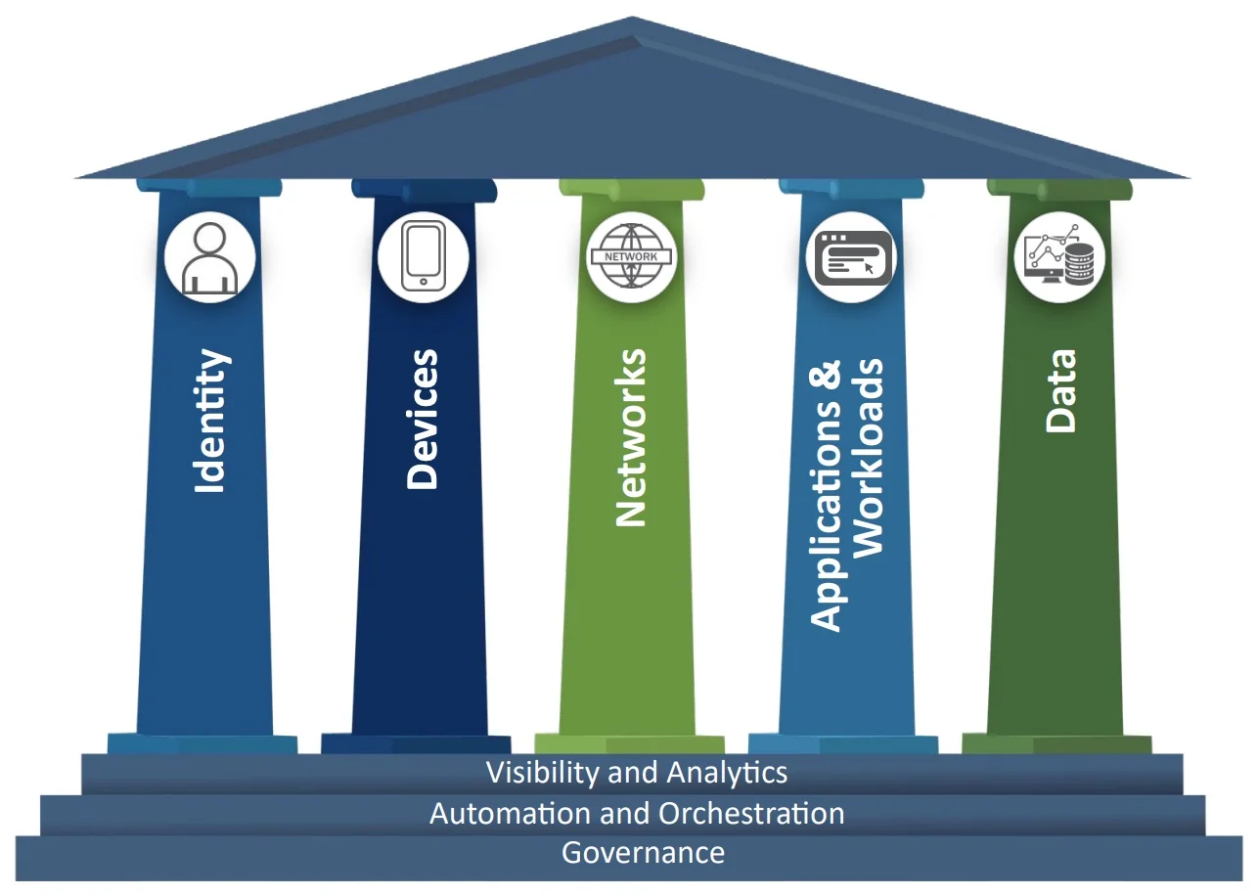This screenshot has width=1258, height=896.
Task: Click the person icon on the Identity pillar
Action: pyautogui.click(x=209, y=257)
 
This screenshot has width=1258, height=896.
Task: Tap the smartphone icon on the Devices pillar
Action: pyautogui.click(x=423, y=257)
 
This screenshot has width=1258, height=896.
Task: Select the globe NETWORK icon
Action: pyautogui.click(x=631, y=257)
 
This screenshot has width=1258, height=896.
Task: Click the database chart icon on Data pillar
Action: pyautogui.click(x=1059, y=257)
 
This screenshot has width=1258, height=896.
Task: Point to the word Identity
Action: pyautogui.click(x=210, y=421)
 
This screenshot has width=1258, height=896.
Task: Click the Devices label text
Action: pyautogui.click(x=423, y=419)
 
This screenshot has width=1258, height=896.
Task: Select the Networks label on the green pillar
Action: pyautogui.click(x=632, y=437)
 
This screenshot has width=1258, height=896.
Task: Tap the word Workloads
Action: pyautogui.click(x=869, y=459)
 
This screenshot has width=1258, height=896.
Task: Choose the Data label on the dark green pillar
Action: pyautogui.click(x=1059, y=390)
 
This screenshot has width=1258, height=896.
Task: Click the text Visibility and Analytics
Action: pyautogui.click(x=637, y=773)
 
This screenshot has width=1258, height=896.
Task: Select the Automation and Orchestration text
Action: pyautogui.click(x=637, y=813)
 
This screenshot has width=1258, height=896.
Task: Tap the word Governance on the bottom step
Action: pyautogui.click(x=643, y=853)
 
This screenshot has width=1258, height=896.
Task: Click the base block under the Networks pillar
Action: pyautogui.click(x=629, y=744)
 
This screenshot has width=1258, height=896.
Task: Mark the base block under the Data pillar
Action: pyautogui.click(x=1056, y=744)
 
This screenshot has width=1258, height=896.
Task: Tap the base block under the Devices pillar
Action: pyautogui.click(x=416, y=744)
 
